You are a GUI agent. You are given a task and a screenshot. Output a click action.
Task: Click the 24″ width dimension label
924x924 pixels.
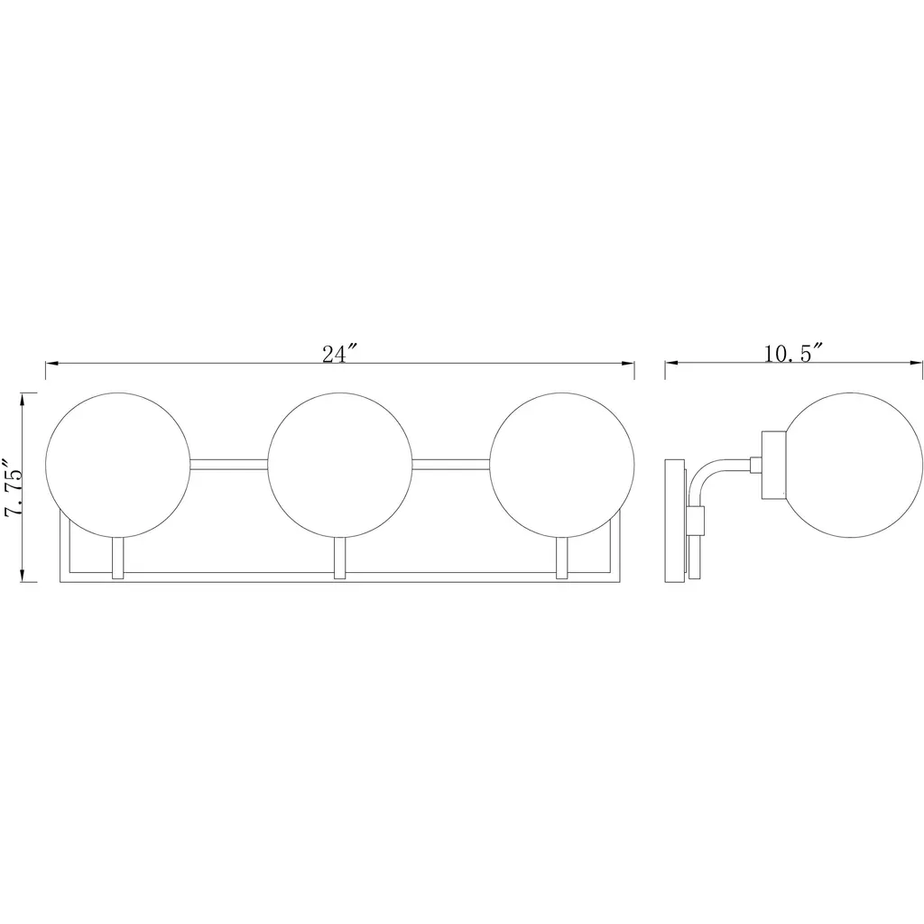(x=340, y=354)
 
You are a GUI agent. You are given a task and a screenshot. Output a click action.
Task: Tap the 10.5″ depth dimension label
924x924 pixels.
(x=793, y=354)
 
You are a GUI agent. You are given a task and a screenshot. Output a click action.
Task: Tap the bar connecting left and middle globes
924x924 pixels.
(x=229, y=465)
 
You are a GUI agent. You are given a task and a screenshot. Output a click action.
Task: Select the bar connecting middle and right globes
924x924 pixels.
(x=451, y=465)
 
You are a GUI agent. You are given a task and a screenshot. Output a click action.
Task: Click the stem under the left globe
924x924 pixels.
(x=118, y=558)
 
